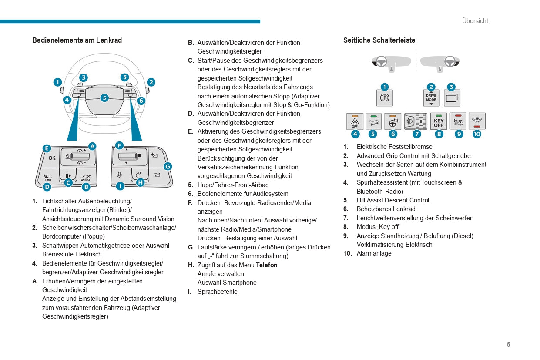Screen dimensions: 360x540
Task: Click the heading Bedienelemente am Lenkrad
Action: pos(77,40)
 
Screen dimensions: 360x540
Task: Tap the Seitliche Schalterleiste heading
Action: pos(379,40)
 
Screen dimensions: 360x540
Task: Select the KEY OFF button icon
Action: pos(439,121)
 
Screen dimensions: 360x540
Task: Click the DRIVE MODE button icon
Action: pos(431,98)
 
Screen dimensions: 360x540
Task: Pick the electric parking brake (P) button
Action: pos(385,98)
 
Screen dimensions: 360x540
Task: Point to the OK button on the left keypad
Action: pos(52,158)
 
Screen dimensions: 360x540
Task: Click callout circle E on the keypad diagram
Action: pos(47,148)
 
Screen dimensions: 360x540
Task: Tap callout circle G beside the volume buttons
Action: pos(168,166)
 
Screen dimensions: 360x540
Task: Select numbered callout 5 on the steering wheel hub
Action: pos(104,98)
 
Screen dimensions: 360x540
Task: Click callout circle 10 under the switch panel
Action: pos(477,134)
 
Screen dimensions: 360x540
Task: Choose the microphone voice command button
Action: pos(119,175)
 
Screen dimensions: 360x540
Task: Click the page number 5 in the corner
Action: pos(508,344)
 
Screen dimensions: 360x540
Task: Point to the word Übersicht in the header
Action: pos(475,21)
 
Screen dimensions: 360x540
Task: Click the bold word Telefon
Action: pos(266,265)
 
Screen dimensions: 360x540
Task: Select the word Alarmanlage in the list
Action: pos(374,253)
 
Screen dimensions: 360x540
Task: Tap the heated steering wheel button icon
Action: pos(393,121)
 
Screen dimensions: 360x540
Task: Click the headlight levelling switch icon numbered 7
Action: pos(416,121)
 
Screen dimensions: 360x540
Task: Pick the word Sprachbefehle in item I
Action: pos(217,292)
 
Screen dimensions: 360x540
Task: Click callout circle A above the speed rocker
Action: pos(92,146)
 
